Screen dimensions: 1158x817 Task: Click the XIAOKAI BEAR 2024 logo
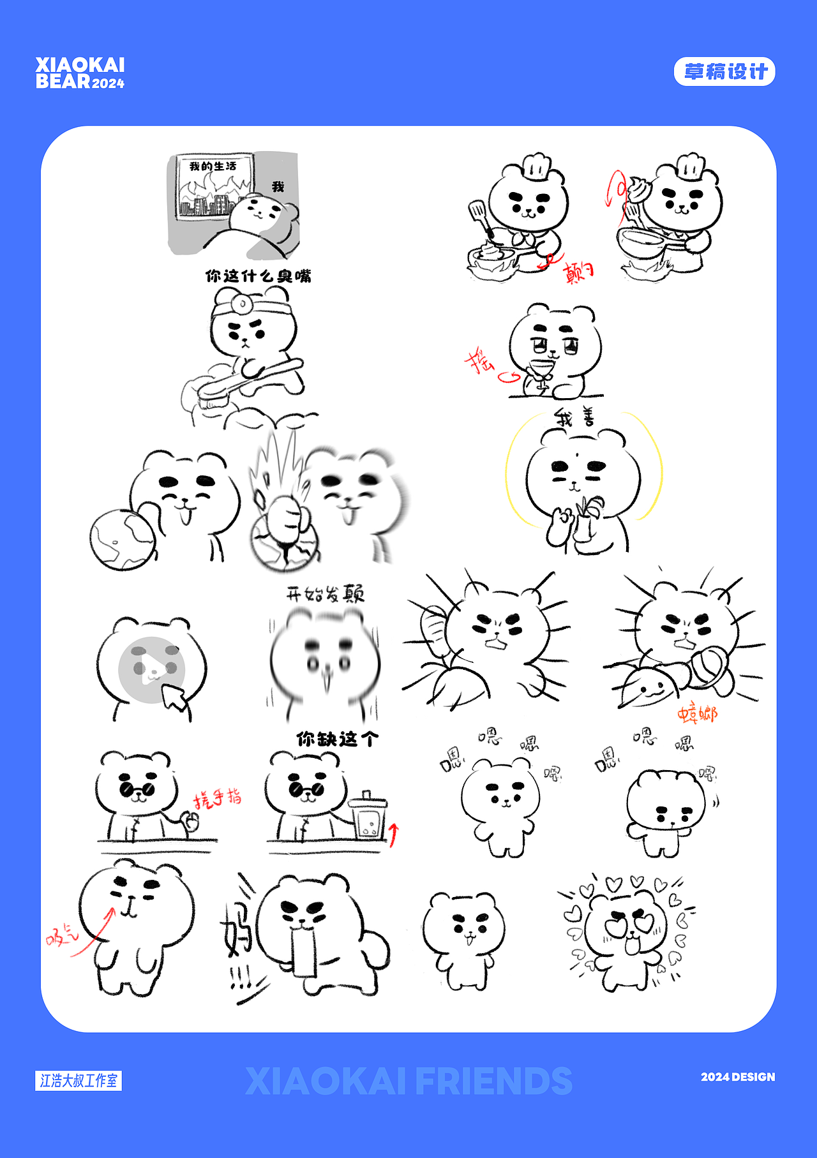(80, 73)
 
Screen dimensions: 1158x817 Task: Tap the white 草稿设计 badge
(724, 71)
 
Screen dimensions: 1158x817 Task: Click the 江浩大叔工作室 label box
(79, 1081)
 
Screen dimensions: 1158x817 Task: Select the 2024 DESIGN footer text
(738, 1077)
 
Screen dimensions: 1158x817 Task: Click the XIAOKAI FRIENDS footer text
(408, 1081)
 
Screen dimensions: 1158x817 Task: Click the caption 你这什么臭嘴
(258, 276)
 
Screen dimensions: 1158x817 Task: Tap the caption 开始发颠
(325, 594)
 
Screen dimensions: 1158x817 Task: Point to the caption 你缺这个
(338, 739)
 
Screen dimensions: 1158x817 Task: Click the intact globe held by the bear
(122, 539)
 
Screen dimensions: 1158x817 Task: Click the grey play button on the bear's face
(151, 669)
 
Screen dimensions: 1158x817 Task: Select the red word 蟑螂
(697, 714)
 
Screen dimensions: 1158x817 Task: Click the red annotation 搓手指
(218, 798)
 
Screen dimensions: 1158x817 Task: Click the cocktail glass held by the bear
(542, 369)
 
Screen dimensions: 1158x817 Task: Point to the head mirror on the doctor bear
(243, 304)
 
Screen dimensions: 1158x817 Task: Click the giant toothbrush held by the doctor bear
(246, 382)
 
